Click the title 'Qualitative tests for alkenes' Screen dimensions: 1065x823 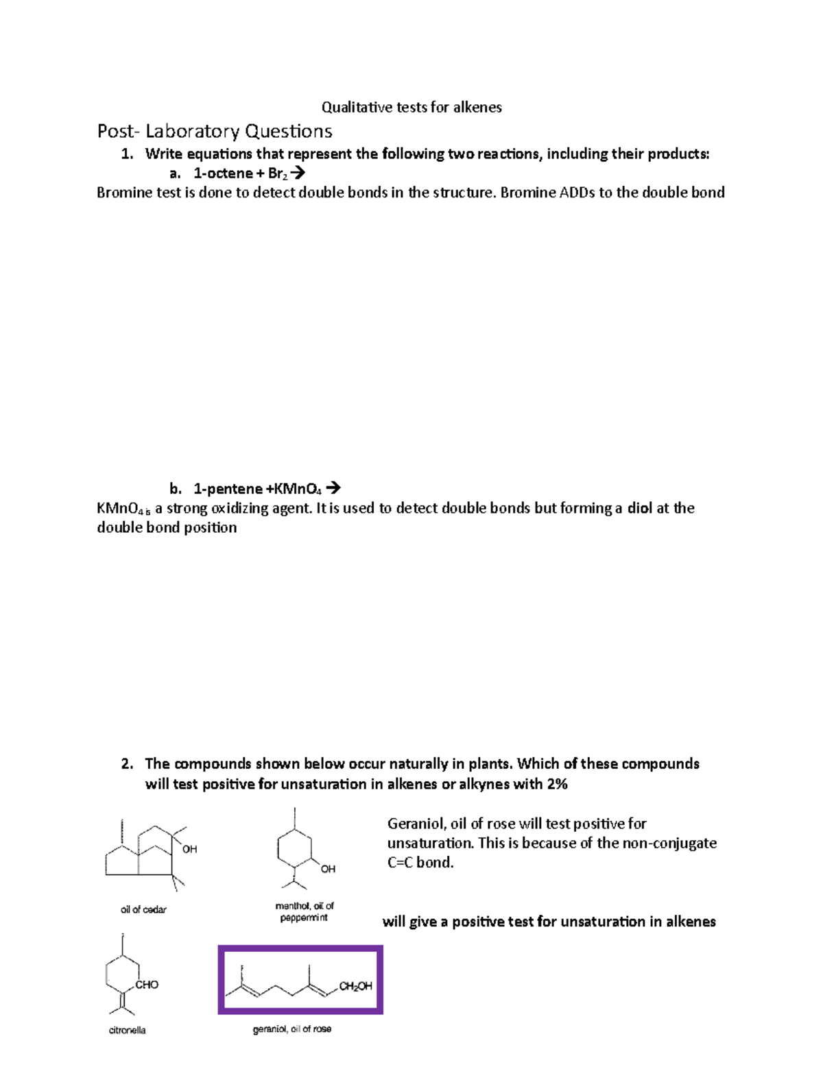coord(411,107)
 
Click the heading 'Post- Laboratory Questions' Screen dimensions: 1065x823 coord(215,131)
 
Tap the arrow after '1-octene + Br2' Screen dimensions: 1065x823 coord(298,173)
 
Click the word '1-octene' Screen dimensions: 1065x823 coord(223,173)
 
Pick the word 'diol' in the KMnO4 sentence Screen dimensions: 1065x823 coord(639,508)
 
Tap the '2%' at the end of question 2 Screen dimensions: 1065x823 coord(557,784)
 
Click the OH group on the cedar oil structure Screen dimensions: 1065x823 coord(190,849)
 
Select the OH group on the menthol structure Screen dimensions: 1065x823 coord(329,869)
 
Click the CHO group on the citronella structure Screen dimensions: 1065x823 coord(147,985)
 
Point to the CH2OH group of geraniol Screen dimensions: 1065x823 coord(356,986)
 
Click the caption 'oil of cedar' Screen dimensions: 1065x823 coord(143,909)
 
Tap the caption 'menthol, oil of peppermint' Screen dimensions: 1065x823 coord(305,911)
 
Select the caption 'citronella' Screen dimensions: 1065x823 coord(128,1030)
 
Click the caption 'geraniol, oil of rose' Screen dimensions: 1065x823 coord(292,1029)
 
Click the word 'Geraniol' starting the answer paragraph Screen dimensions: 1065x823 coord(416,824)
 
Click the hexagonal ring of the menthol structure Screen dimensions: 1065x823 coord(295,849)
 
